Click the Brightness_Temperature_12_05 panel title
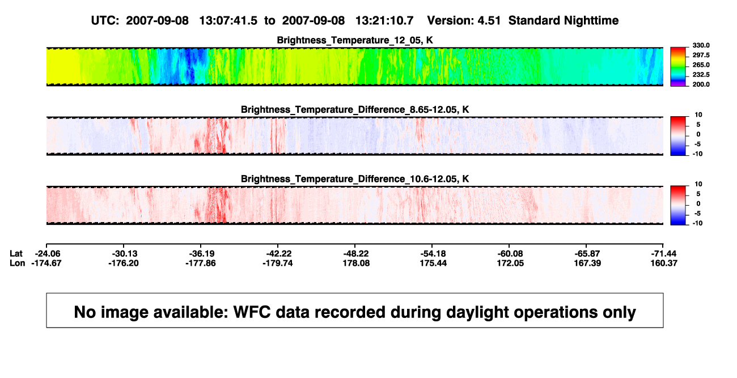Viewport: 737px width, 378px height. coord(355,40)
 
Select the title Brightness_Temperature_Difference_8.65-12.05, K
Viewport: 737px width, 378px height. coord(355,109)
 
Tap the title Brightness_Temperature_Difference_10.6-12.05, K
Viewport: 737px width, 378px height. coord(355,179)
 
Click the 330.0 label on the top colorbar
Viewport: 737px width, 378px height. coord(701,45)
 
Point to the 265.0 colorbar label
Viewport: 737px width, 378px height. coord(701,65)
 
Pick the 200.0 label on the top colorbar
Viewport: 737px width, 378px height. coord(701,84)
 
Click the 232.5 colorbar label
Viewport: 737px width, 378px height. coord(701,75)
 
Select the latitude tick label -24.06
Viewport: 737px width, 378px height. coord(46,254)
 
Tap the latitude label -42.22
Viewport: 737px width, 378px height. coord(278,254)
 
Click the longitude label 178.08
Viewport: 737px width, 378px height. coord(356,263)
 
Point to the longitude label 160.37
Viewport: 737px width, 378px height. coord(664,263)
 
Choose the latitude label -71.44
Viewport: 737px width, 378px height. coord(663,254)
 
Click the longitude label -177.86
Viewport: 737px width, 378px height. coord(201,263)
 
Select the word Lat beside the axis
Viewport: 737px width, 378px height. coord(16,254)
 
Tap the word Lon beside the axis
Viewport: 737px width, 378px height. coord(17,263)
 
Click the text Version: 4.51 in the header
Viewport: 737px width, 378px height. coord(464,21)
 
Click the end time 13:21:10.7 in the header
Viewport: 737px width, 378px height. coord(384,21)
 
